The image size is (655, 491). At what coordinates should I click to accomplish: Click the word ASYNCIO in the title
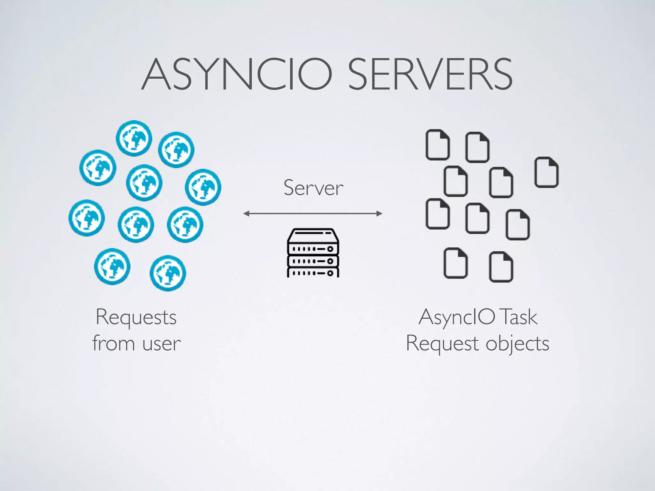(x=237, y=74)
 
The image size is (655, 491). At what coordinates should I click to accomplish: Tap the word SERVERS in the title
(x=430, y=74)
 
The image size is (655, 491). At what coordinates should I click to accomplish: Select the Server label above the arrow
(x=313, y=188)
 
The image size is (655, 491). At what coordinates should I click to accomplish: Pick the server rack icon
(x=313, y=253)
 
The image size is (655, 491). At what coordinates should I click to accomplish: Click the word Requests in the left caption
(x=136, y=317)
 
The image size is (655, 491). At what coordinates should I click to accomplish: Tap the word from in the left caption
(x=114, y=343)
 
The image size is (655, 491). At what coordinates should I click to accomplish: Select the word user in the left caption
(x=162, y=344)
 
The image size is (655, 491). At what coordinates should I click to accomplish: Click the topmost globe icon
(x=134, y=138)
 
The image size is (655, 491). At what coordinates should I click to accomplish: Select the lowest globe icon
(x=168, y=273)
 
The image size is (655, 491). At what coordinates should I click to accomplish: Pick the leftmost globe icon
(x=86, y=218)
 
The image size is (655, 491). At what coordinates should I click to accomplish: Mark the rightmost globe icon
(x=203, y=187)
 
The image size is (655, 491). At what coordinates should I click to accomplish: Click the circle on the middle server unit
(x=330, y=261)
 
